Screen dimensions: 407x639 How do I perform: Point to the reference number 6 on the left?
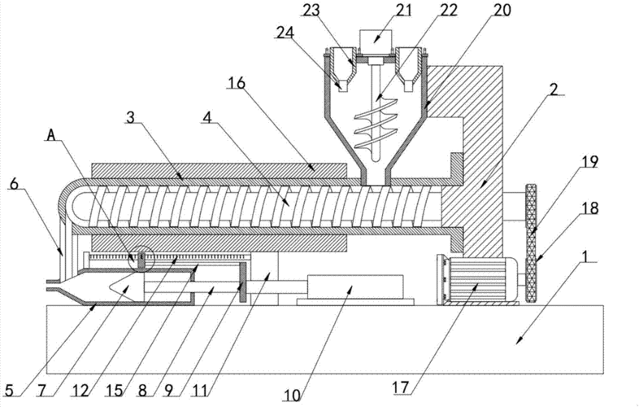tap(14, 185)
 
